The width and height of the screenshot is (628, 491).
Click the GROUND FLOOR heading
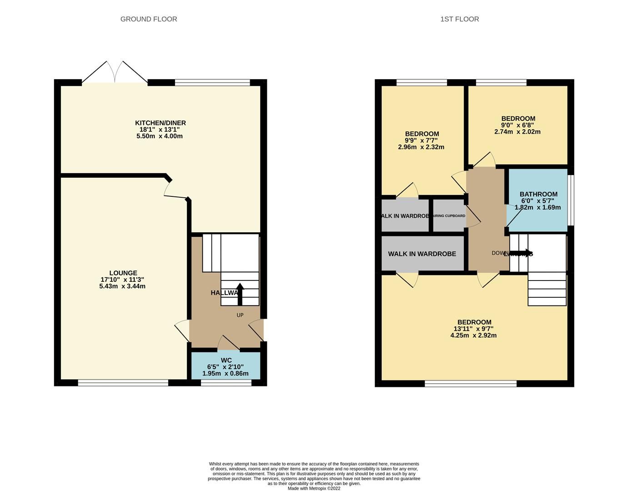[149, 19]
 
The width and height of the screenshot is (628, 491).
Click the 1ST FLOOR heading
[459, 19]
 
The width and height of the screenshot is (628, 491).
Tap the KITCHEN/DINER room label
[160, 123]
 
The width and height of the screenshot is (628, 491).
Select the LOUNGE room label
[122, 273]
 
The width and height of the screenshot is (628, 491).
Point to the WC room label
[226, 360]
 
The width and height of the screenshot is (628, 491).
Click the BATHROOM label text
[538, 194]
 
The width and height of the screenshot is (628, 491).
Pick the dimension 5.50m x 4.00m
[160, 136]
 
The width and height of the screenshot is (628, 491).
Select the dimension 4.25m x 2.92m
[473, 336]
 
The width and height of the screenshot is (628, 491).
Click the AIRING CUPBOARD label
[449, 215]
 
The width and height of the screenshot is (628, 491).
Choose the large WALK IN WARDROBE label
[422, 254]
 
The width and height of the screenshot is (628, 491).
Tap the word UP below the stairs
[240, 315]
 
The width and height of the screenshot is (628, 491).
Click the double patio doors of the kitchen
[115, 73]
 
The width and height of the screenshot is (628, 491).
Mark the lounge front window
[123, 383]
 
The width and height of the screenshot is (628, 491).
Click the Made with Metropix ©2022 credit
[314, 488]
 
